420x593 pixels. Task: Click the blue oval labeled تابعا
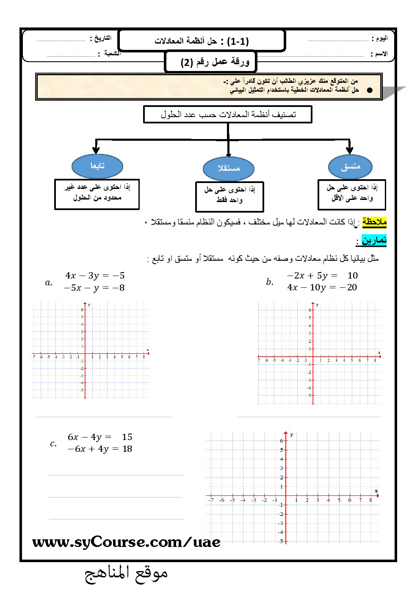(x=97, y=166)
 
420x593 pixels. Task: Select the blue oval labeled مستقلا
(x=228, y=168)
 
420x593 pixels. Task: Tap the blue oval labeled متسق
(x=350, y=167)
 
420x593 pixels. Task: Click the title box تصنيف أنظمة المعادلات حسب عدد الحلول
(x=228, y=115)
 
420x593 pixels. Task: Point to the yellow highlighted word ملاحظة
(x=374, y=222)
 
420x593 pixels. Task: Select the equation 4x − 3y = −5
(x=95, y=276)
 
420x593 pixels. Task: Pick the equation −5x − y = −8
(x=94, y=288)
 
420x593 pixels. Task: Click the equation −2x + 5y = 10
(x=322, y=276)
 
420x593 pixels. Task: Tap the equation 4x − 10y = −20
(x=322, y=287)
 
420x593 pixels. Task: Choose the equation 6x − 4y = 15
(x=100, y=437)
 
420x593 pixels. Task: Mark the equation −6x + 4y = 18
(x=99, y=449)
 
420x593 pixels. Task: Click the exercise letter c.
(x=53, y=443)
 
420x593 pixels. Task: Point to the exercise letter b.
(x=270, y=282)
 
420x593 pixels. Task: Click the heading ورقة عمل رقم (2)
(x=215, y=62)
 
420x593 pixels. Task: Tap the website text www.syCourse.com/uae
(x=126, y=542)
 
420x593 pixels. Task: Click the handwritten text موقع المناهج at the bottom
(x=126, y=574)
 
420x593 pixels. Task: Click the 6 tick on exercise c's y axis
(x=282, y=440)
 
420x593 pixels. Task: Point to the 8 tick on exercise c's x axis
(x=370, y=500)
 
